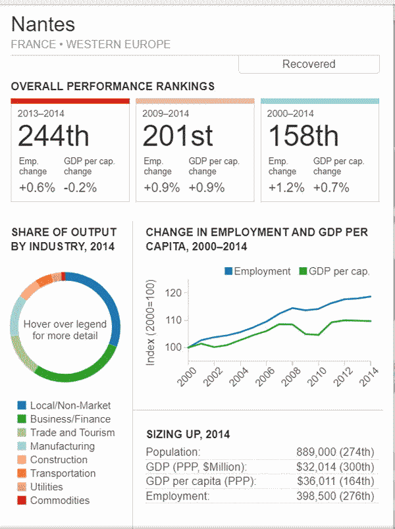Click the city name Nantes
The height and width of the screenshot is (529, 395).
click(43, 24)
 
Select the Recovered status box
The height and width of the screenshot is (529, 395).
click(309, 64)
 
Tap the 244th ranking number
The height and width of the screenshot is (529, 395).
click(53, 136)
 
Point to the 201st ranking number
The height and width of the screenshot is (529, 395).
click(178, 136)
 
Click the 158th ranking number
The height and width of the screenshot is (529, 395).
click(303, 136)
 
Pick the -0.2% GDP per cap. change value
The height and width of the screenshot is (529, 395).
click(80, 187)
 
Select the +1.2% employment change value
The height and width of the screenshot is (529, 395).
click(286, 187)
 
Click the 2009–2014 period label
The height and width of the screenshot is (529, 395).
click(165, 113)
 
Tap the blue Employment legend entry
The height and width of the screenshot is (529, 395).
click(257, 271)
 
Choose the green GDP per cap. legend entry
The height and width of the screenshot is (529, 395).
click(334, 271)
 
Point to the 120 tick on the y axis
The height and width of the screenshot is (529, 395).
click(174, 292)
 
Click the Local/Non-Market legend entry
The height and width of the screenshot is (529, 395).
click(64, 405)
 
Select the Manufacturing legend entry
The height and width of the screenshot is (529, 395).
click(55, 446)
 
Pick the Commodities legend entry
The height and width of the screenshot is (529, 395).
click(53, 500)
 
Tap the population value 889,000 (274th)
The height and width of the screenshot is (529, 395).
click(335, 452)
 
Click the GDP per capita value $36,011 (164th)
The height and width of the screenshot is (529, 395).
click(335, 481)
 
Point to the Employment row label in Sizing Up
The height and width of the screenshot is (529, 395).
click(173, 495)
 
